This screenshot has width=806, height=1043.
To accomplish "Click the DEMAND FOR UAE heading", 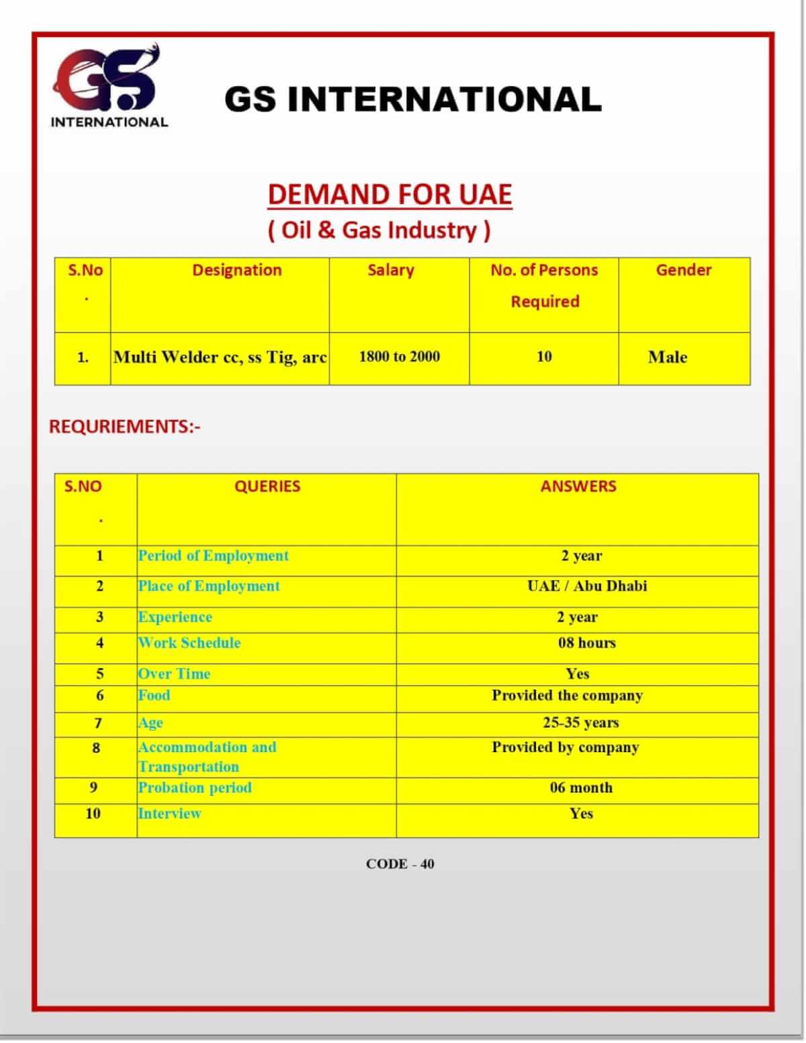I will tap(390, 195).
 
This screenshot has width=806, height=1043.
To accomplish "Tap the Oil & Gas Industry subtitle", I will tap(379, 230).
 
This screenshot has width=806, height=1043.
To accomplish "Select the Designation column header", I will tap(237, 270).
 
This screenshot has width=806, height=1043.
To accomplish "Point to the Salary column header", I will tap(390, 270).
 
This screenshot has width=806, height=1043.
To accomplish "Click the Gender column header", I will tap(683, 270).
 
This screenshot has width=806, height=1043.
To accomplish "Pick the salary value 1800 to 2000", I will tap(399, 357).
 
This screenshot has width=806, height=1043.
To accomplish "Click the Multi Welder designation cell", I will tap(220, 357).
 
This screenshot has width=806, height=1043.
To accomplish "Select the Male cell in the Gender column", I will tap(667, 357).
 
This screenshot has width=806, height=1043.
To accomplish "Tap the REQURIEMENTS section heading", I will tap(125, 426).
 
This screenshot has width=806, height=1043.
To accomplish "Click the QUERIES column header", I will tap(267, 486).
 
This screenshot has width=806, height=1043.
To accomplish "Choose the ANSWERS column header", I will tap(578, 486).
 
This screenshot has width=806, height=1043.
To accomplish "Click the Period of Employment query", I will tap(213, 555).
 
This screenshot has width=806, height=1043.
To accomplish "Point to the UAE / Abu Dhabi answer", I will tap(587, 586).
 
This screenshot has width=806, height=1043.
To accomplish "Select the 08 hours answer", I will tap(586, 643).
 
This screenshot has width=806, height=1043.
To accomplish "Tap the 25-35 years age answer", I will tap(581, 723).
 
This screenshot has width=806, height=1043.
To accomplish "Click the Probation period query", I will tap(195, 787).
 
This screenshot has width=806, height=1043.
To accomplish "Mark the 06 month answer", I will tap(581, 787).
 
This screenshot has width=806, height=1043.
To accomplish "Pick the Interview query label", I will tap(169, 813).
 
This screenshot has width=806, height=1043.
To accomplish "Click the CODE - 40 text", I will tap(400, 864).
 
